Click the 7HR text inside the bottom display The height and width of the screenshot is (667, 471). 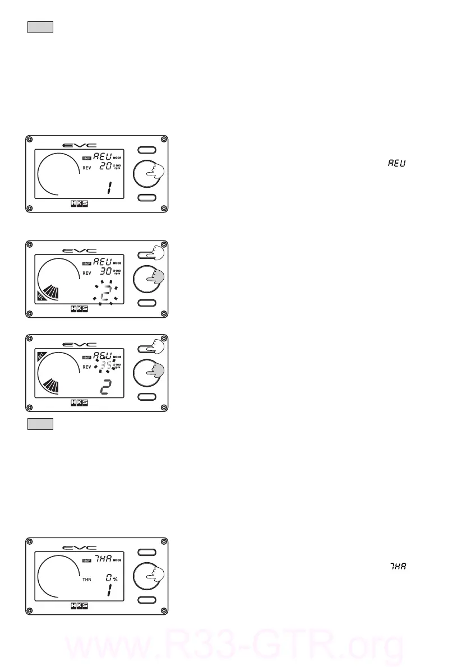103,559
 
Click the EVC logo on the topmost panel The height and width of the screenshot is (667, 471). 79,145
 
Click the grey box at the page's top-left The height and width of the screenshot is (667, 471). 40,27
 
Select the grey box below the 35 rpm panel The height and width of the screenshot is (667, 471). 40,424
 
